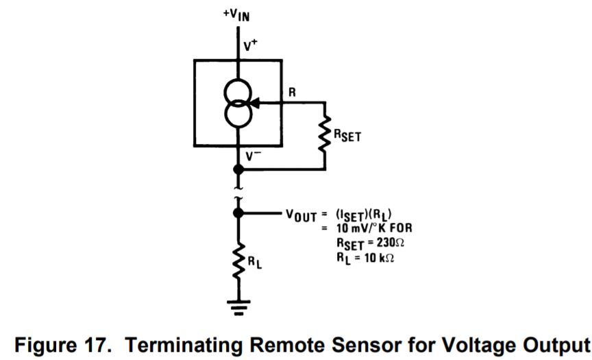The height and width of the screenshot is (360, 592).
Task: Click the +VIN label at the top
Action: click(237, 14)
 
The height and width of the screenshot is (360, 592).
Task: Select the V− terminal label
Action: click(251, 156)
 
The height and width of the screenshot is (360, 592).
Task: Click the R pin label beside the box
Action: click(292, 92)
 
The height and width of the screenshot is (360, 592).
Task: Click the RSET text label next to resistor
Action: click(347, 136)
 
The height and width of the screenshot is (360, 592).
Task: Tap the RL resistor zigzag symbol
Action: click(238, 261)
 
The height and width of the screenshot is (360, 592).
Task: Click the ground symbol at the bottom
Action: click(238, 304)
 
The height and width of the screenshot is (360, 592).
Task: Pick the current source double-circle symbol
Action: click(238, 104)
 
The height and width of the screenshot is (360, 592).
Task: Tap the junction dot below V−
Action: click(238, 169)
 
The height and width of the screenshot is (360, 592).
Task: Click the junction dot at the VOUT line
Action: click(238, 213)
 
